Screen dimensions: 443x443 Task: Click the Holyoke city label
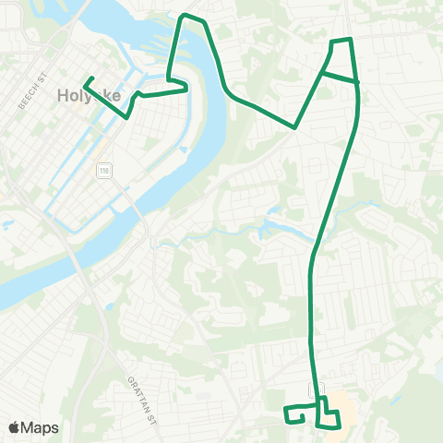coord(84,94)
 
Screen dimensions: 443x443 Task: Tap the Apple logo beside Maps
coord(15,427)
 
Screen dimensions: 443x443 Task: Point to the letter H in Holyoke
coord(63,94)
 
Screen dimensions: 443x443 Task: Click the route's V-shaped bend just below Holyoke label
coord(127,114)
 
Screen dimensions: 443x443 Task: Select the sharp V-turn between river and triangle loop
coord(293,128)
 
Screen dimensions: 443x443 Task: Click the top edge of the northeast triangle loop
coord(341,41)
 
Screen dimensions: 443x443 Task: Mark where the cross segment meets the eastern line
coord(356,82)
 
